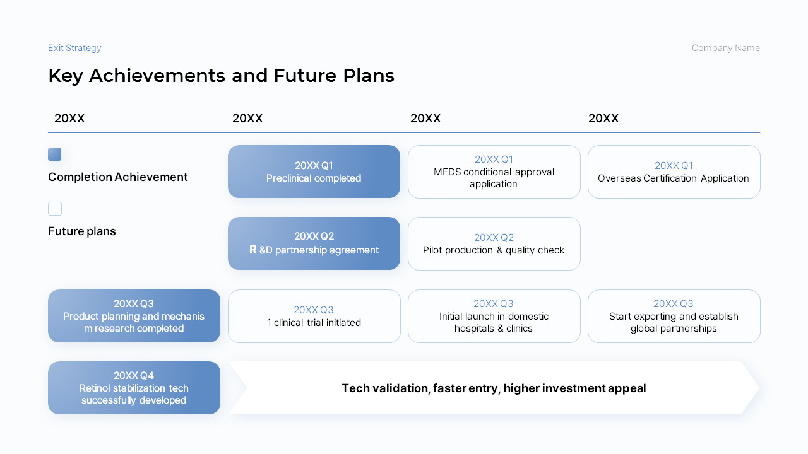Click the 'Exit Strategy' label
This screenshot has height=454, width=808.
coord(74,48)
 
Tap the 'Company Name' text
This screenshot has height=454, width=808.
coord(725,48)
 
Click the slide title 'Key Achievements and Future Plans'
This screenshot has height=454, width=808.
coord(221,76)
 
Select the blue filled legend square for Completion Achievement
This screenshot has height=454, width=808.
coord(55,154)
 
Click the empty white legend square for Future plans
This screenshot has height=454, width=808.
coord(55,209)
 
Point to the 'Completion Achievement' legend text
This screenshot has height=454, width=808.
coord(117,177)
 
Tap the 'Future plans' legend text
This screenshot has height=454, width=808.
coord(82,231)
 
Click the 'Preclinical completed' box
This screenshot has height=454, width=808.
coord(314,172)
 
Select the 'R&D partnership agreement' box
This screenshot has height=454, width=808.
coord(314,243)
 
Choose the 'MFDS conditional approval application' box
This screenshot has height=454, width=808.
coord(494,172)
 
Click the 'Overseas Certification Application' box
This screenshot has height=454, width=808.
coord(674,172)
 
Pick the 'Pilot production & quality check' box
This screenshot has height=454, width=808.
coord(494,243)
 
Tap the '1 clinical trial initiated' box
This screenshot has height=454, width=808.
coord(314,316)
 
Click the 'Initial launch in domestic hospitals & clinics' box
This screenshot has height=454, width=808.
coord(494,316)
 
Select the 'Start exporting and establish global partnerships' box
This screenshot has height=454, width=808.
coord(674,316)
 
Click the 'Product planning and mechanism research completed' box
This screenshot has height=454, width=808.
coord(134,316)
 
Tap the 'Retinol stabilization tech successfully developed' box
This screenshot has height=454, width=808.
coord(134,388)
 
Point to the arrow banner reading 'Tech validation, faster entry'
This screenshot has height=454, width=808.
coord(494,388)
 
